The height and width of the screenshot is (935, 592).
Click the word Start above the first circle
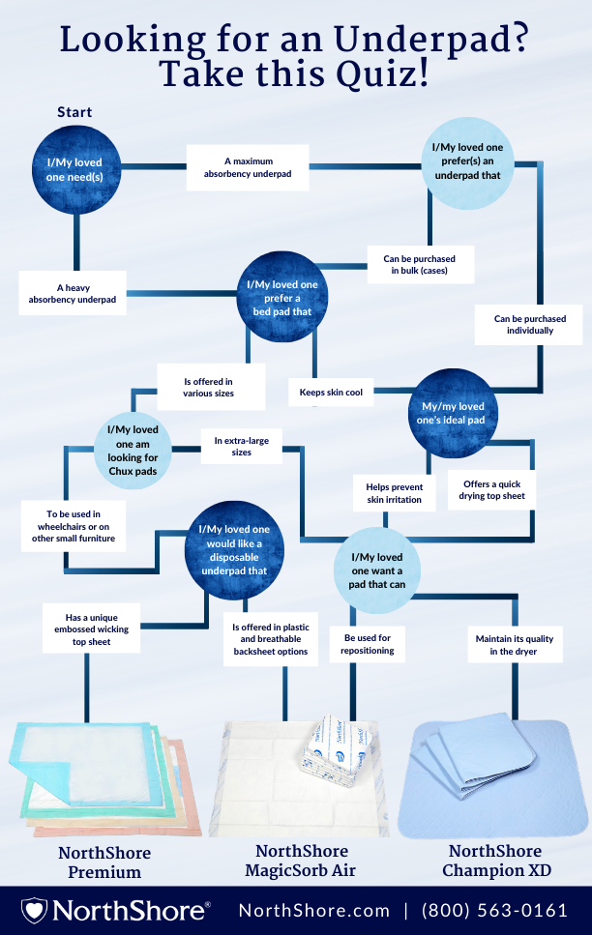pos(74,112)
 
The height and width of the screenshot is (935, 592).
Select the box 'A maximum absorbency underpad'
pos(248,166)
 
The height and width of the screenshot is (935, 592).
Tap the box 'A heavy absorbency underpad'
pos(73,293)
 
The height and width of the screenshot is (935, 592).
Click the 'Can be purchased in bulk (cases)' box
pos(420,264)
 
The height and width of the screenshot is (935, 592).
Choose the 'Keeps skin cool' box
pos(331,392)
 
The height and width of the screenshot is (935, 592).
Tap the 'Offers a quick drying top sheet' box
pos(492,490)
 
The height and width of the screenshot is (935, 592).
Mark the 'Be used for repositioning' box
pos(369,645)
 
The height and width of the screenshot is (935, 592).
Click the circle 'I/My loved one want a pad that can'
pos(377,570)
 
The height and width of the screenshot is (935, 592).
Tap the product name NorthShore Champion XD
pos(496,861)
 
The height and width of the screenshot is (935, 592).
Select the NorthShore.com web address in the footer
pos(314,911)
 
